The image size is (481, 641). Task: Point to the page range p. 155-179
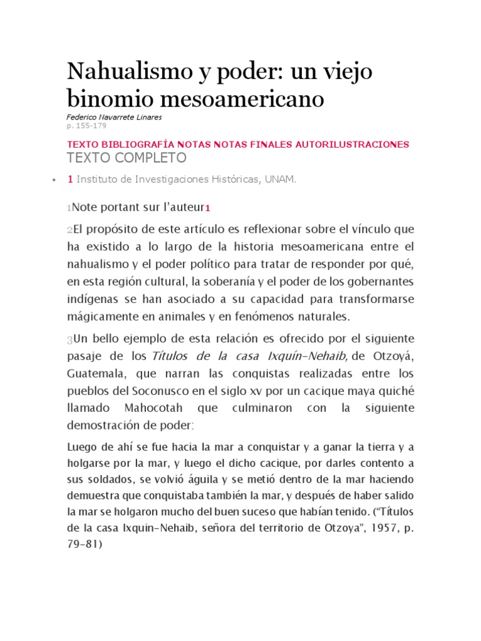click(86, 126)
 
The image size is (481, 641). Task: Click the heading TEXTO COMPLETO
click(126, 157)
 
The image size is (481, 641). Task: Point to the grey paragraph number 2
click(69, 230)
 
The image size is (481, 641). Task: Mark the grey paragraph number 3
click(69, 341)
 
